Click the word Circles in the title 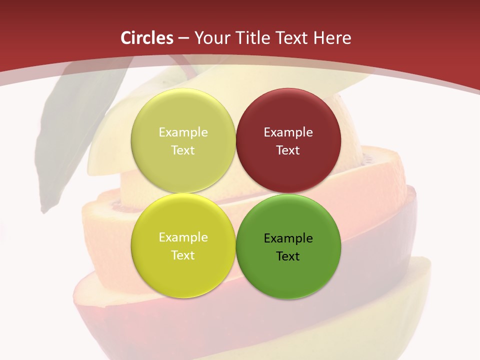coord(147,38)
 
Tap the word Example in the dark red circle coord(288,132)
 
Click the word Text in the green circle coord(288,256)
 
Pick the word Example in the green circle coord(288,238)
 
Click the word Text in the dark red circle coord(288,150)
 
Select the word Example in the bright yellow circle coord(183,237)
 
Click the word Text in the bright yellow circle coord(183,255)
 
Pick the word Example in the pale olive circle coord(183,132)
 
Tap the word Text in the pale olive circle coord(183,150)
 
